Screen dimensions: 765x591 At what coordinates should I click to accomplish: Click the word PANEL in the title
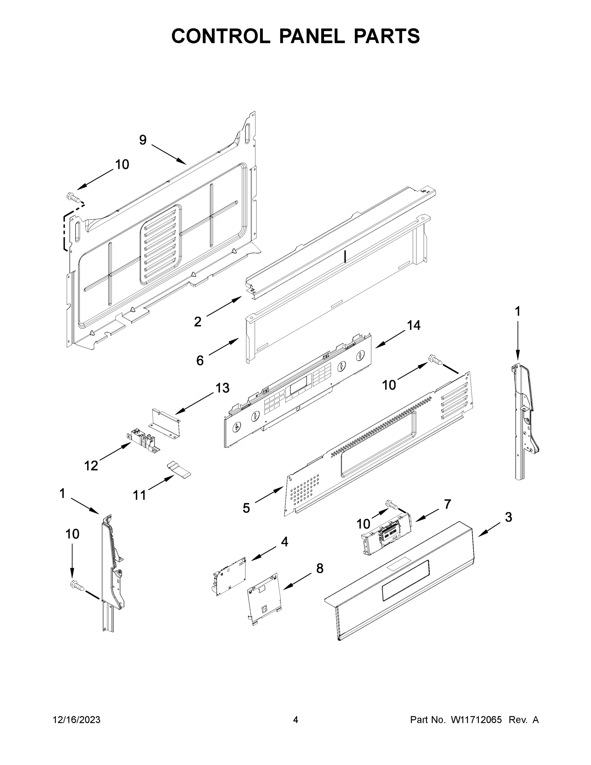(312, 36)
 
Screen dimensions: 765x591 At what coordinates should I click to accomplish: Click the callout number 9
(142, 140)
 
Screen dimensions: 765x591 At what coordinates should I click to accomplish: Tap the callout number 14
(414, 325)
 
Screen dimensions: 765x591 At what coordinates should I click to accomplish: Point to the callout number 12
(91, 466)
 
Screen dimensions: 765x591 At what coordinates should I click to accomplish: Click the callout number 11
(139, 495)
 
